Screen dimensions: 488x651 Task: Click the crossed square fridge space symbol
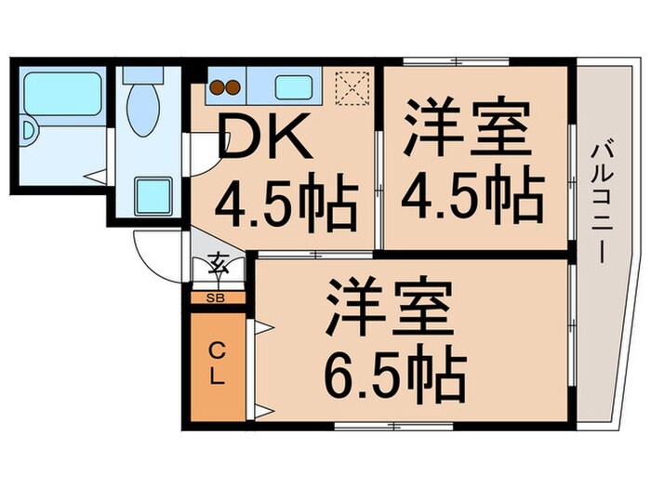point(353,89)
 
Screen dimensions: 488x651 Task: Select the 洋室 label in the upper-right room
point(468,130)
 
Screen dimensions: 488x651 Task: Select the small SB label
point(216,298)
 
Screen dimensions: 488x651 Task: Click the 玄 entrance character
point(219,266)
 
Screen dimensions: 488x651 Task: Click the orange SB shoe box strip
point(232,298)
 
